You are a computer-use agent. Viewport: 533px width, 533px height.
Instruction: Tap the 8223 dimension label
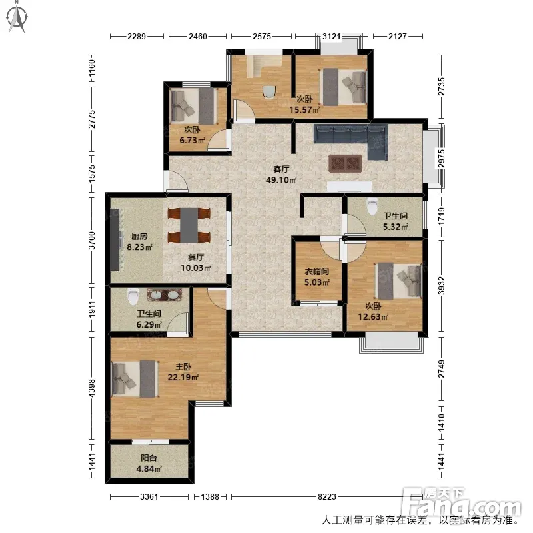tap(327, 497)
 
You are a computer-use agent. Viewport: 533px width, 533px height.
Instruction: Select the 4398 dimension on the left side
tap(91, 388)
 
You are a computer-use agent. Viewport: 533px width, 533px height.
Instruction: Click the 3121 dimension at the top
tap(331, 37)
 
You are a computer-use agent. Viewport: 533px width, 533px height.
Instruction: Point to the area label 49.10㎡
tap(280, 180)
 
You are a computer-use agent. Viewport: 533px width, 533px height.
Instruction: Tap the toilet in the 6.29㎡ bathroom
tap(133, 296)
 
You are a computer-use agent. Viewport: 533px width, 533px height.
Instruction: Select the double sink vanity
tap(165, 294)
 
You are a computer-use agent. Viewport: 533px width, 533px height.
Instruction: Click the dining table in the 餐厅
tap(189, 225)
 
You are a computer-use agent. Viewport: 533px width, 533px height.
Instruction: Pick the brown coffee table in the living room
tap(345, 163)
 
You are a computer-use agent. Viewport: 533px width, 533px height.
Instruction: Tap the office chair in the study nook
tap(269, 91)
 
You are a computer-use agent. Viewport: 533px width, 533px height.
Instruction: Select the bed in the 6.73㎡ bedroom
tap(194, 107)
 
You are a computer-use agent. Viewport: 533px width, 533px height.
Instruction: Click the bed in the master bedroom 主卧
tap(135, 378)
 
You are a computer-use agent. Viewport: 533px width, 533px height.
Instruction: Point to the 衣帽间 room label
tap(317, 272)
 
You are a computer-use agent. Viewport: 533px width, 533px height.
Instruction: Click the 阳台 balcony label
tap(149, 458)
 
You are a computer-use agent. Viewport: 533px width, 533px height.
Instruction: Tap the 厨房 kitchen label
tap(139, 236)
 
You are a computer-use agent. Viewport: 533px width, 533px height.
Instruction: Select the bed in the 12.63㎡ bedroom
tap(398, 281)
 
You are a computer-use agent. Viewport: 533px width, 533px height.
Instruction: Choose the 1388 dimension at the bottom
tap(210, 497)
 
